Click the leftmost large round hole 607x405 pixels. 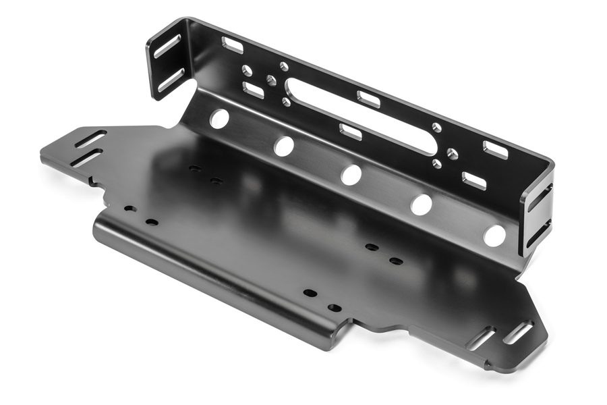pyautogui.click(x=219, y=119)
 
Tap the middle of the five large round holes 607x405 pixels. pyautogui.click(x=351, y=175)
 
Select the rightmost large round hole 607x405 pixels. pyautogui.click(x=494, y=236)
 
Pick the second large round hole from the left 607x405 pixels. pyautogui.click(x=284, y=146)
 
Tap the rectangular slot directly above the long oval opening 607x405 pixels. pyautogui.click(x=368, y=99)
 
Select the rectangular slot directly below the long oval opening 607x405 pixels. pyautogui.click(x=351, y=132)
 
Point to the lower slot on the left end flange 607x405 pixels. pyautogui.click(x=171, y=80)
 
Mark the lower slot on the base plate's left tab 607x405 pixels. pyautogui.click(x=86, y=158)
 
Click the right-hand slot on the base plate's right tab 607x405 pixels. pyautogui.click(x=518, y=333)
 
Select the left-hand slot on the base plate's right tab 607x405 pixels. pyautogui.click(x=481, y=338)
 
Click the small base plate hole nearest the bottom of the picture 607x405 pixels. pyautogui.click(x=334, y=308)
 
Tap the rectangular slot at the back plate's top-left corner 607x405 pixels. pyautogui.click(x=233, y=45)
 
